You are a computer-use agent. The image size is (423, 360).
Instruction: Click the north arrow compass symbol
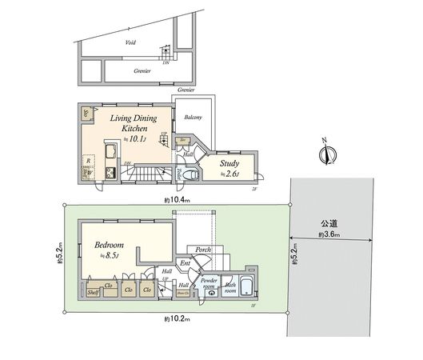tap(326, 153)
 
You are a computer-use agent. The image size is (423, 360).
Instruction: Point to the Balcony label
tap(193, 118)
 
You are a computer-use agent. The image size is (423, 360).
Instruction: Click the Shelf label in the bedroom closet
tap(93, 293)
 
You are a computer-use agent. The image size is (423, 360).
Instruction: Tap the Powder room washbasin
tap(210, 293)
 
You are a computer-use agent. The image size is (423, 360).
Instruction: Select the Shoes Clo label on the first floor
tap(183, 294)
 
